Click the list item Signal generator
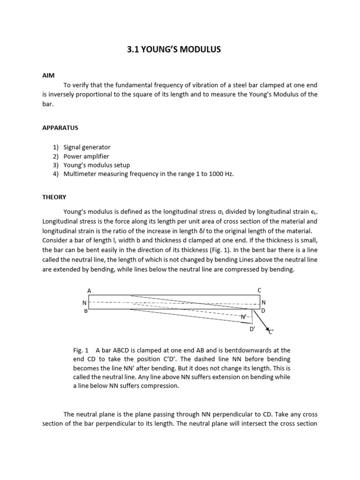coord(87,147)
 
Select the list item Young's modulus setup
coord(97,165)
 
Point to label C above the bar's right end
coord(260,291)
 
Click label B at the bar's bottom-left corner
coord(86,310)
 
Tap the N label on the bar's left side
coord(84,303)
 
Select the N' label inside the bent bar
coord(244,317)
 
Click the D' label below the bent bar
coord(252,330)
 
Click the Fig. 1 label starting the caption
coord(82,350)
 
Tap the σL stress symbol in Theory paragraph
coord(264,212)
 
